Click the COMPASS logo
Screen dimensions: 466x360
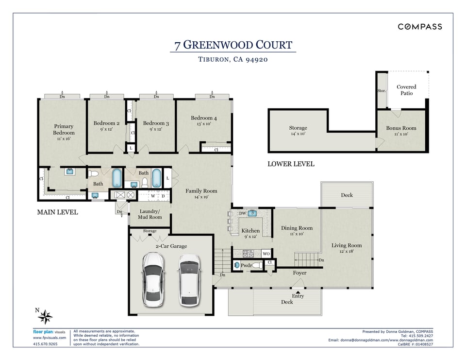coord(420,27)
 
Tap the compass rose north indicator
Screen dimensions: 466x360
coord(44,316)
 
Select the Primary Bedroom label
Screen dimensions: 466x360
coord(64,129)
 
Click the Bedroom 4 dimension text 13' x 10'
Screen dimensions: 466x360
coord(203,124)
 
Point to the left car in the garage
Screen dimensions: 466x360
coord(153,279)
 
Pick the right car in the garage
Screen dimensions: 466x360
coord(189,280)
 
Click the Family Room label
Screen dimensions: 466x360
coord(201,191)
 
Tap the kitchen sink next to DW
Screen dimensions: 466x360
coord(252,213)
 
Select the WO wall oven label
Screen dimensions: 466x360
coord(266,254)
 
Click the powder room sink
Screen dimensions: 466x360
coord(236,265)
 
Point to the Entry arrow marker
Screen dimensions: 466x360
coord(298,292)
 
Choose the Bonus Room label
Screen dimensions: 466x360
coord(401,128)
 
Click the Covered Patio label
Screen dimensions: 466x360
coord(406,90)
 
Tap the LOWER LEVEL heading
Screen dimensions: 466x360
coord(291,164)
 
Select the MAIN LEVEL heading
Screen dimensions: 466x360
coord(57,212)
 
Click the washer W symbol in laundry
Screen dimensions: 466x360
coord(153,196)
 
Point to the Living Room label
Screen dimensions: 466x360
coord(347,245)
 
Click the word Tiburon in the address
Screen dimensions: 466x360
coord(214,59)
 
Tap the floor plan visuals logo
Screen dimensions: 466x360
coord(49,332)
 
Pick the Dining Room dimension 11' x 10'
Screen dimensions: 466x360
coord(297,234)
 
